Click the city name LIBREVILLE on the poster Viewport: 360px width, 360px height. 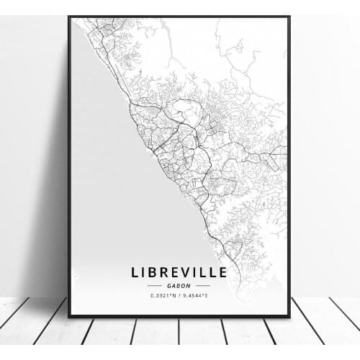pyautogui.click(x=179, y=272)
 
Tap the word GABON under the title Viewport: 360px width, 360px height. pyautogui.click(x=179, y=285)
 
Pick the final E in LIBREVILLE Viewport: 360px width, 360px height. pyautogui.click(x=222, y=272)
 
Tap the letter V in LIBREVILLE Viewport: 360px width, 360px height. pyautogui.click(x=188, y=272)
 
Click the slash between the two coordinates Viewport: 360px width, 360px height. pyautogui.click(x=179, y=296)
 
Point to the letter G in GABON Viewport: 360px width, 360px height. pyautogui.click(x=168, y=285)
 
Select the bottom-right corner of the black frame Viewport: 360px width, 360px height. pyautogui.click(x=289, y=316)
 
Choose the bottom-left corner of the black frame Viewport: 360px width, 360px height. pyautogui.click(x=70, y=316)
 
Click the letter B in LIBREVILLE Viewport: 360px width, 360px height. pyautogui.click(x=153, y=272)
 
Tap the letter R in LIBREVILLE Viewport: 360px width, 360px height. pyautogui.click(x=165, y=272)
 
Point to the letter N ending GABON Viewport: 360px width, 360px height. pyautogui.click(x=191, y=285)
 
